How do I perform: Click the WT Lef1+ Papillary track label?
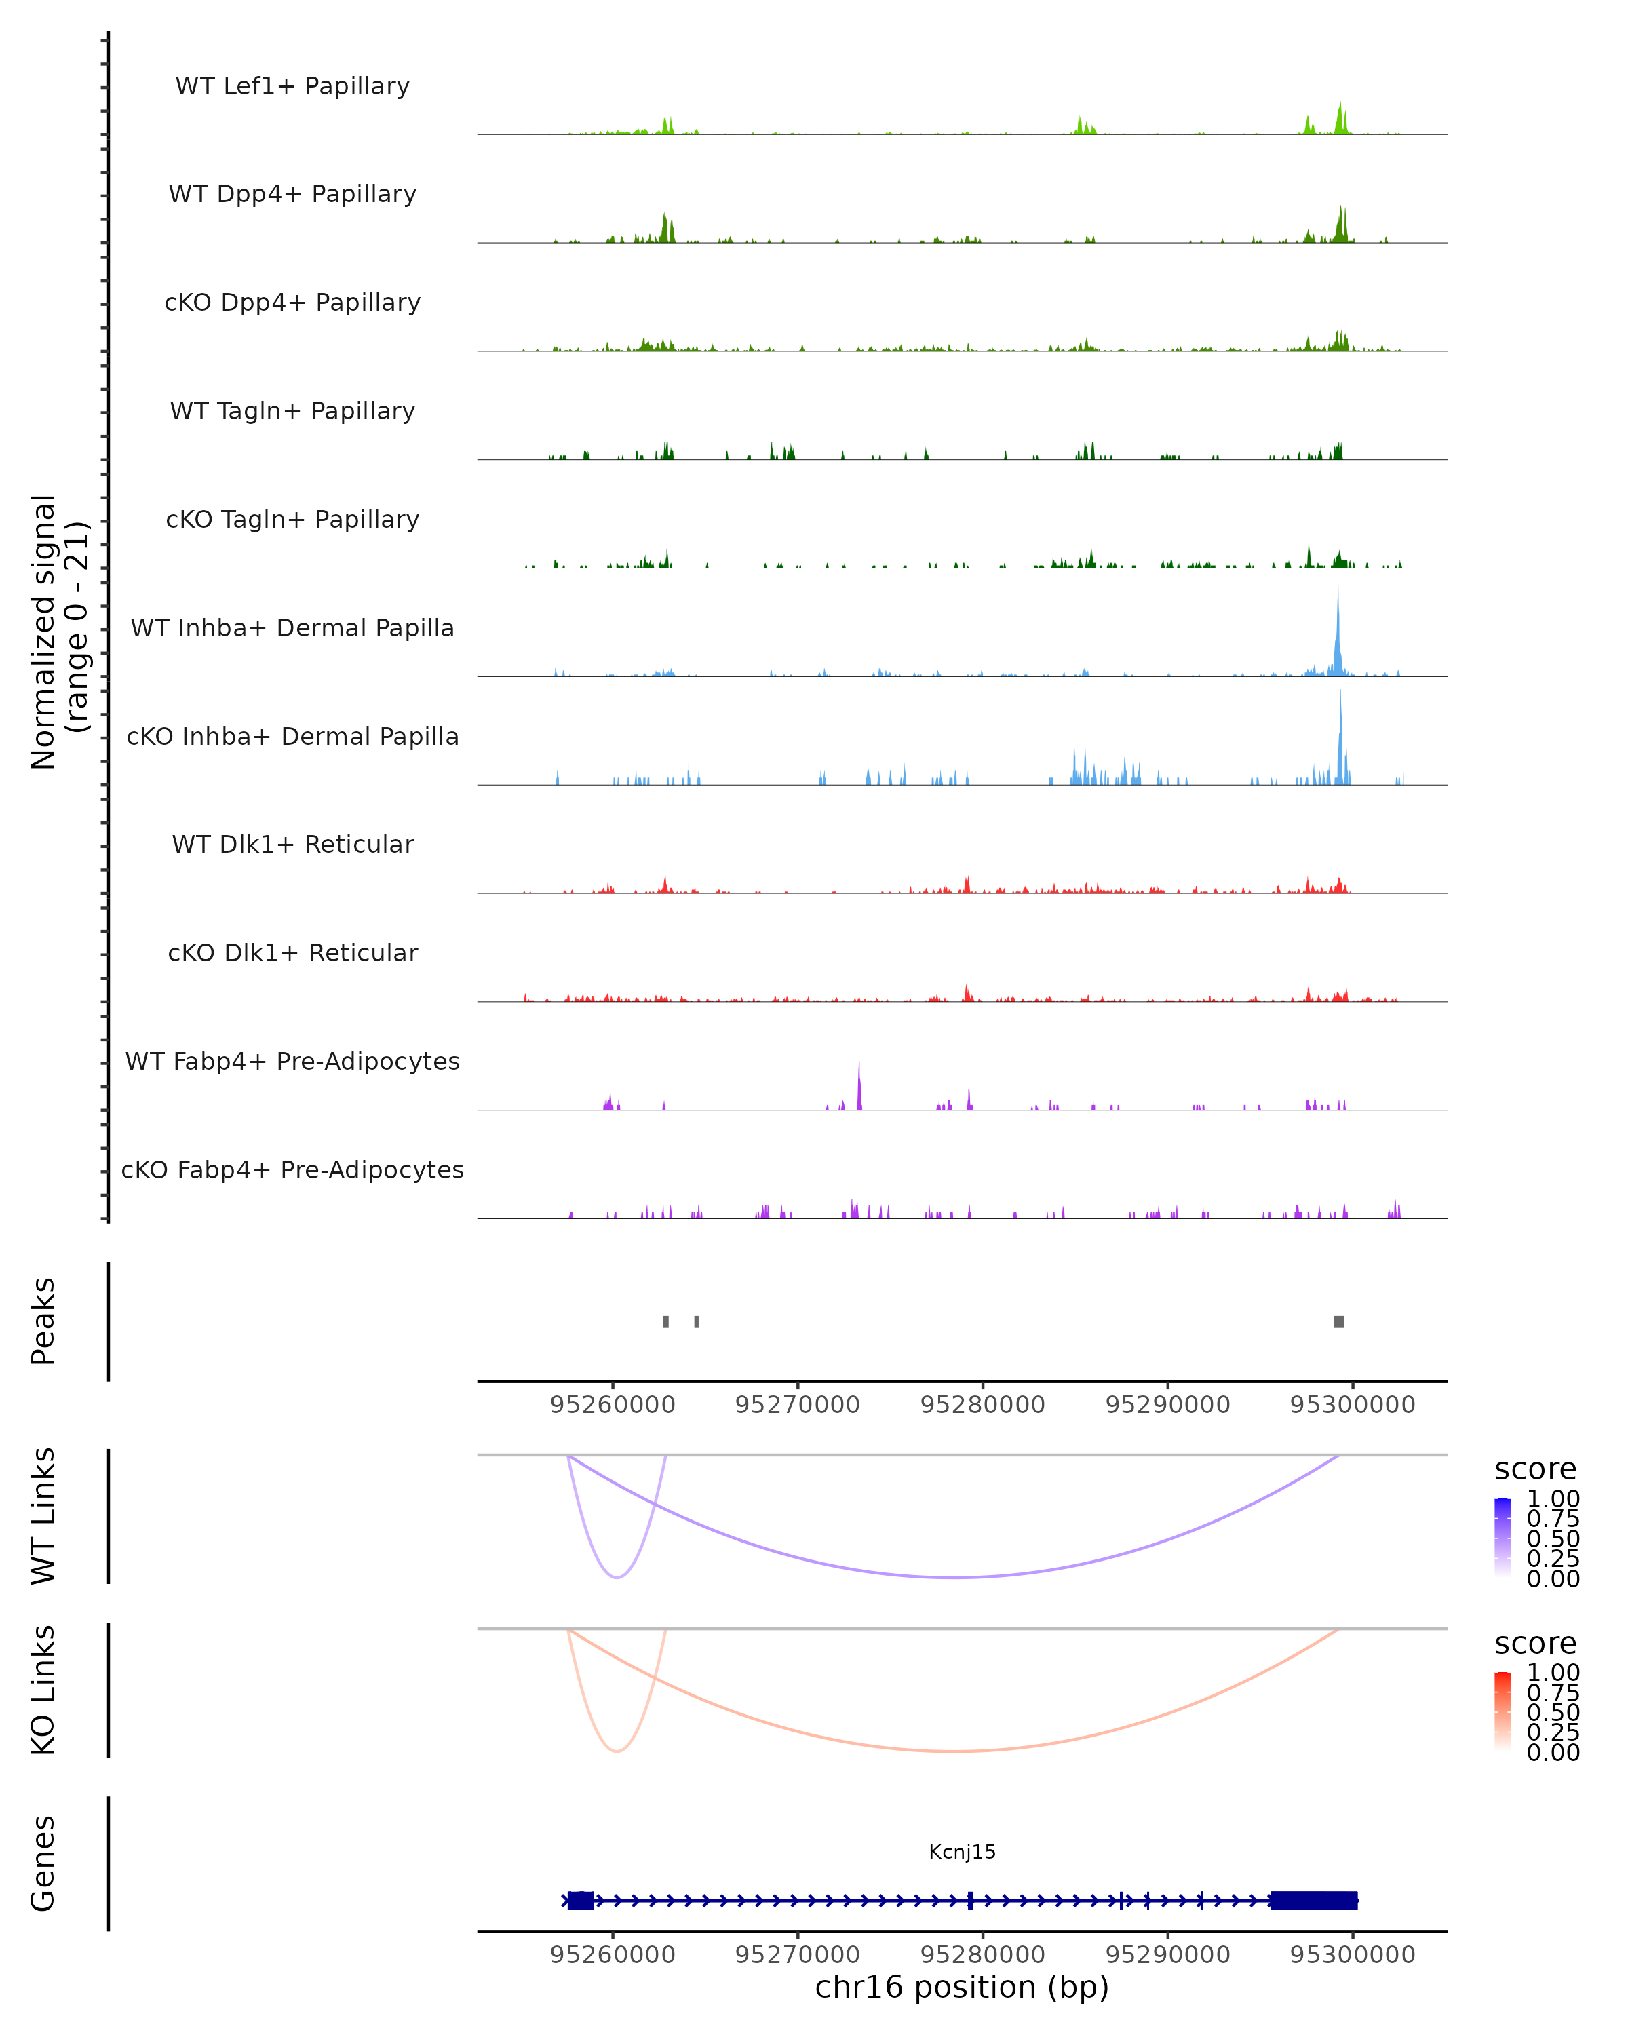coord(292,86)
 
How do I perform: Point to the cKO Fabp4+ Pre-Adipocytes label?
coord(292,1169)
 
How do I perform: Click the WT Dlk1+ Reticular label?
coord(292,844)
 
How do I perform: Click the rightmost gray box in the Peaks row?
coord(1338,1321)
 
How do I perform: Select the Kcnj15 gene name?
coord(962,1852)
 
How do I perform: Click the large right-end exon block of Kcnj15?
coord(1314,1900)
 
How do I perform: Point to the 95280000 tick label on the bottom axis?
coord(982,1955)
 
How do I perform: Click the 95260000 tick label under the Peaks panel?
coord(613,1405)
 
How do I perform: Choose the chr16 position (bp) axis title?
coord(962,1988)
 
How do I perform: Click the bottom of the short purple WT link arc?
coord(617,1577)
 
